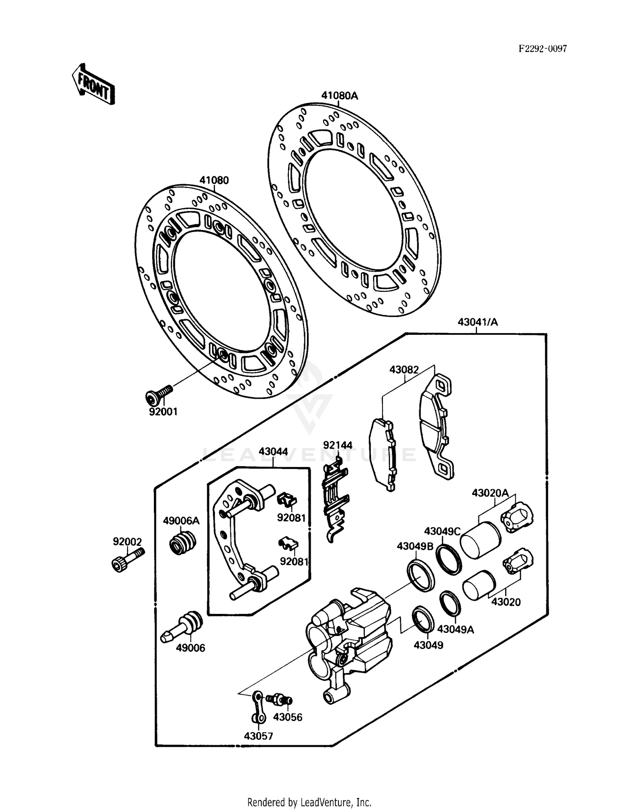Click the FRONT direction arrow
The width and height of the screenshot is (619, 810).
coord(93,84)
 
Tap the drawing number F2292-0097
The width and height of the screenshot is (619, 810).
coord(543,49)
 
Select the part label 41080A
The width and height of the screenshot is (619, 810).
coord(339,96)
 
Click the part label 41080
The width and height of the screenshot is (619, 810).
coord(214,180)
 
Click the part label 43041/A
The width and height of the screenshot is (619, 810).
coord(477,322)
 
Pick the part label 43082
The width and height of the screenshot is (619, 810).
coord(404,369)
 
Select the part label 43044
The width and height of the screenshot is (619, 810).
coord(273,452)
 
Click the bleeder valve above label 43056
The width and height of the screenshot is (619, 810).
coord(280,699)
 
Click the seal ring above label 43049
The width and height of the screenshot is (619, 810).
coord(423,619)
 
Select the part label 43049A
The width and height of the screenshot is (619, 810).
coord(456,629)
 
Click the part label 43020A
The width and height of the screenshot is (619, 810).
coord(490,493)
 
